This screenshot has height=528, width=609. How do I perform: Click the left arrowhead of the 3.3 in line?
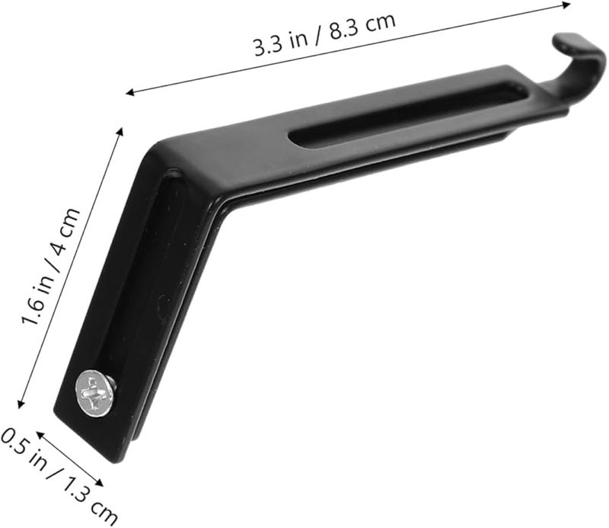(130, 93)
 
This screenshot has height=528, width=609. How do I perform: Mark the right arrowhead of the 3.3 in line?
(566, 4)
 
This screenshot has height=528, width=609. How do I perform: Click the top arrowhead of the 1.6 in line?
(120, 132)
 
